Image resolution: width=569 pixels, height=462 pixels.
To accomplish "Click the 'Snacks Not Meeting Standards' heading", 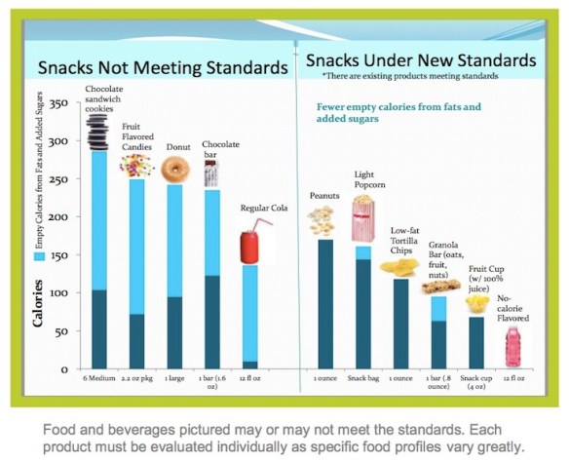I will click(162, 67).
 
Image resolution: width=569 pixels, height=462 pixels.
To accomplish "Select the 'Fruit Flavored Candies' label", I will click(139, 137).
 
